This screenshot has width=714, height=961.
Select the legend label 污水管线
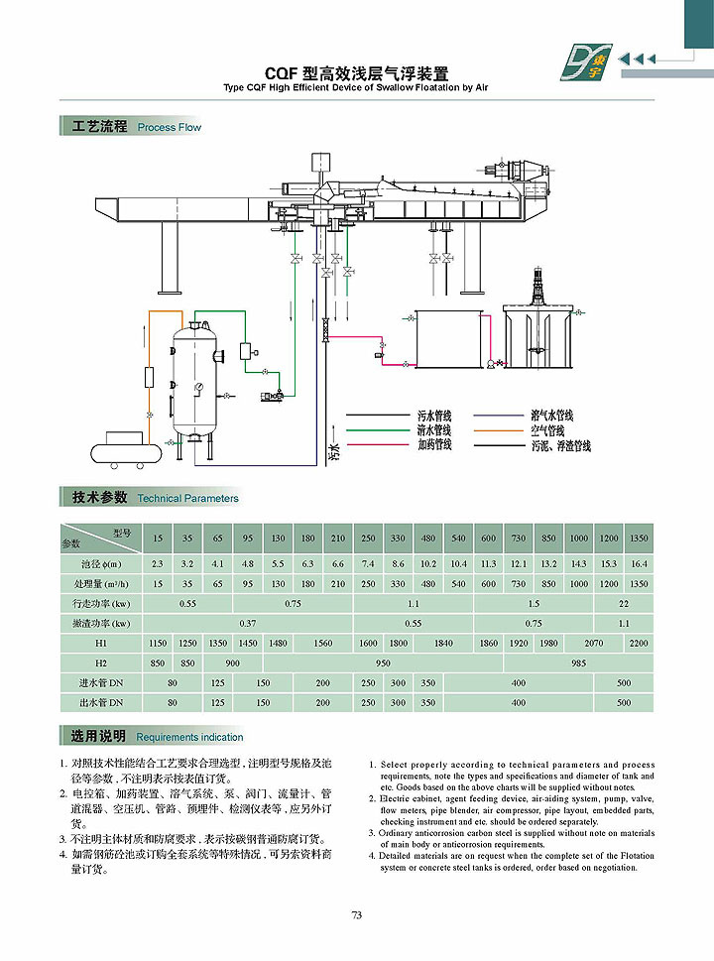tap(434, 416)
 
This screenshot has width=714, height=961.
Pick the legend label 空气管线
tap(546, 431)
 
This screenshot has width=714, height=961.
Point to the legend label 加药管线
tap(434, 444)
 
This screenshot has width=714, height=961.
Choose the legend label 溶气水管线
tap(551, 417)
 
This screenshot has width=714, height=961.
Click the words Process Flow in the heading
tap(170, 128)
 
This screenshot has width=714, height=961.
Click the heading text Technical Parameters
tap(188, 498)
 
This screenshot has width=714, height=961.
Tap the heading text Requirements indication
tap(189, 737)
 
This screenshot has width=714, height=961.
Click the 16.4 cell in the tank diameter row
tap(639, 563)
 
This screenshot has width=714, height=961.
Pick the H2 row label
tap(101, 662)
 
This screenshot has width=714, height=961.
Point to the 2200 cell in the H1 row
tap(639, 643)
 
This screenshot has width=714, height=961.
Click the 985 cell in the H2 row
tap(579, 662)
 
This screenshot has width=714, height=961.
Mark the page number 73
tap(357, 915)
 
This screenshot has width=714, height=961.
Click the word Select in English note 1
tap(395, 765)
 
